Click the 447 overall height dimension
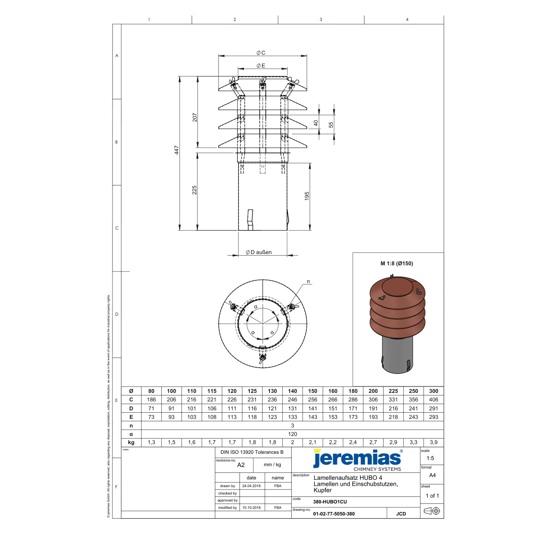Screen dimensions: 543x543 point(176,150)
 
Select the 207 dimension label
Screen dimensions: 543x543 point(195,117)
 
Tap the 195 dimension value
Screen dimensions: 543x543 point(307,196)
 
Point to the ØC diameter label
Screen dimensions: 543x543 point(261,53)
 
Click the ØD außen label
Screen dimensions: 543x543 point(259,252)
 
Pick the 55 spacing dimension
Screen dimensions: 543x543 point(331,125)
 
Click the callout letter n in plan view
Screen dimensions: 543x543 point(308,282)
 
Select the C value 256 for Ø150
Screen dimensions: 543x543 point(313,399)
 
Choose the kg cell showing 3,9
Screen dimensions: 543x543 point(433,443)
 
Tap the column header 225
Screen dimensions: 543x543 point(393,391)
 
